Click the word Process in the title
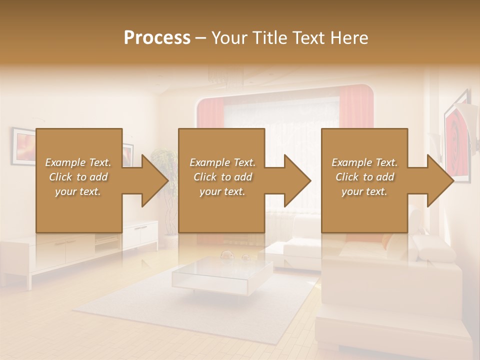[x=157, y=37]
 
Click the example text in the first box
[x=78, y=177]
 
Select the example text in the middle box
[x=222, y=177]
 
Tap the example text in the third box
[x=364, y=177]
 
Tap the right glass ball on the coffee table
[x=246, y=257]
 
